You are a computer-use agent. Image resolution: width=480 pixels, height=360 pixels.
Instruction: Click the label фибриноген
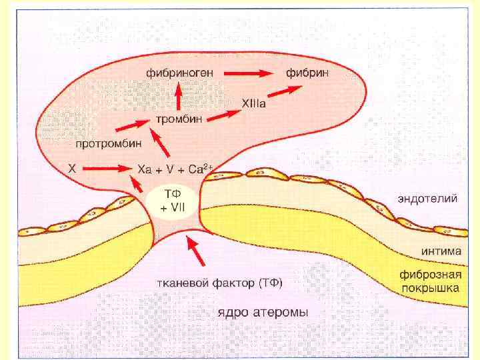(x=176, y=71)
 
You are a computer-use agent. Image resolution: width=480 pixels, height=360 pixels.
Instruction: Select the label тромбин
(x=179, y=119)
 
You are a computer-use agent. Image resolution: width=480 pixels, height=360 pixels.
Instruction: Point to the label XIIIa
(x=253, y=103)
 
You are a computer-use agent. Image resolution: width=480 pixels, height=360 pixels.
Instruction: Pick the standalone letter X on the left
(x=71, y=169)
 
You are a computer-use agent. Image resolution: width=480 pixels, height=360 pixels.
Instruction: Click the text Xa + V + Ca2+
(x=173, y=169)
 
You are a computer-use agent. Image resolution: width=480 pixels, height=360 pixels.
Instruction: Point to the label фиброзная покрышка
(x=430, y=281)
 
